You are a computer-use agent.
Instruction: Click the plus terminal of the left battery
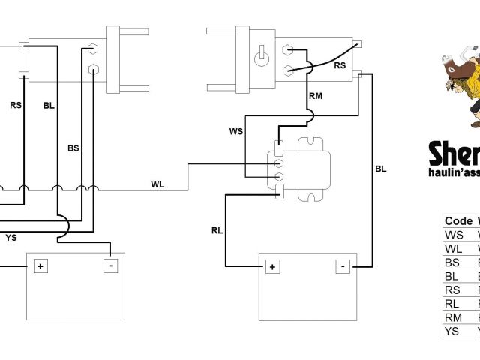[x=39, y=265]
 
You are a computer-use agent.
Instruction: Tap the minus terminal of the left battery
[x=110, y=265]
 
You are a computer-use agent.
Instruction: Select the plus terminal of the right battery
[x=271, y=266]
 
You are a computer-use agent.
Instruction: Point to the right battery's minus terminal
[x=343, y=266]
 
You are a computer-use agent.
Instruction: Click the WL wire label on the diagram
[x=158, y=184]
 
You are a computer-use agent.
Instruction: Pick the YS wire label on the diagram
[x=11, y=238]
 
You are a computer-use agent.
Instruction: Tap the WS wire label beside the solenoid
[x=236, y=132]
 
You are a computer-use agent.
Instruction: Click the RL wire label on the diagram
[x=217, y=230]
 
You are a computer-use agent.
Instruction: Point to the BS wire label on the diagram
[x=73, y=148]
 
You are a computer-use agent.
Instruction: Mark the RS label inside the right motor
[x=340, y=66]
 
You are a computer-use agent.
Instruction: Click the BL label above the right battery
[x=381, y=169]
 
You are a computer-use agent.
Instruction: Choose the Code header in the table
[x=458, y=220]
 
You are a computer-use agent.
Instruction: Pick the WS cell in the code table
[x=454, y=235]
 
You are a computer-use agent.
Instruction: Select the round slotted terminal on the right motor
[x=262, y=57]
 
